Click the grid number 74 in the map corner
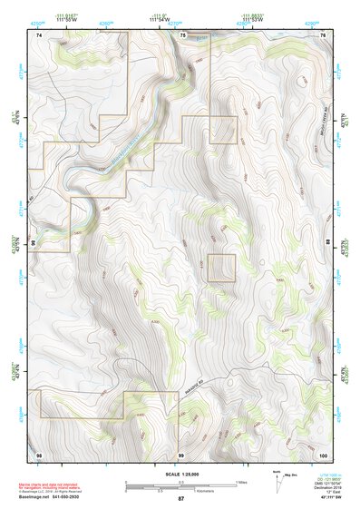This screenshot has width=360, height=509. coord(39,34)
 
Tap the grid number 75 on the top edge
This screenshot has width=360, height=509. coord(182,34)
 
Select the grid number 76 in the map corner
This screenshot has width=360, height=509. coord(323,34)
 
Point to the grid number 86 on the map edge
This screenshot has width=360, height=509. coord(33,243)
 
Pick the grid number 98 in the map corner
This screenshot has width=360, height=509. coord(39,453)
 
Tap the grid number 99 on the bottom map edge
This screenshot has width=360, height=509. coord(181,453)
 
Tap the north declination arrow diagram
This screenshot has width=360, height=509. coord(277,478)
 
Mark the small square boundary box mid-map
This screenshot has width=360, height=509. coord(221,268)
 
